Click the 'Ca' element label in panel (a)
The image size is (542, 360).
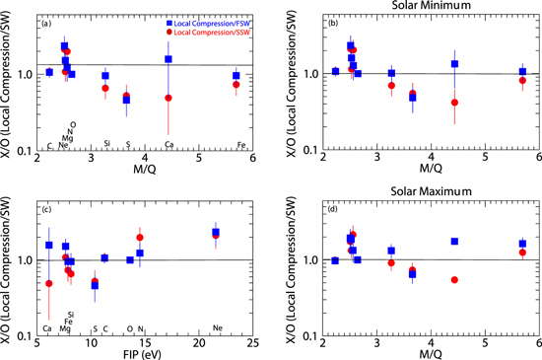[169, 145]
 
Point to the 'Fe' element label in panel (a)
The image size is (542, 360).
[242, 145]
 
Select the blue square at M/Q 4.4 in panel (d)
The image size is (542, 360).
[454, 242]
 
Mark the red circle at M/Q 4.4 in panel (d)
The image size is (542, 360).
[454, 280]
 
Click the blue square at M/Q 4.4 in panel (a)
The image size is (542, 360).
[169, 59]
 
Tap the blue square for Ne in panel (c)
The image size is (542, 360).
[216, 232]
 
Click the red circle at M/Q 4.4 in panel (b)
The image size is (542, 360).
[454, 103]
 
